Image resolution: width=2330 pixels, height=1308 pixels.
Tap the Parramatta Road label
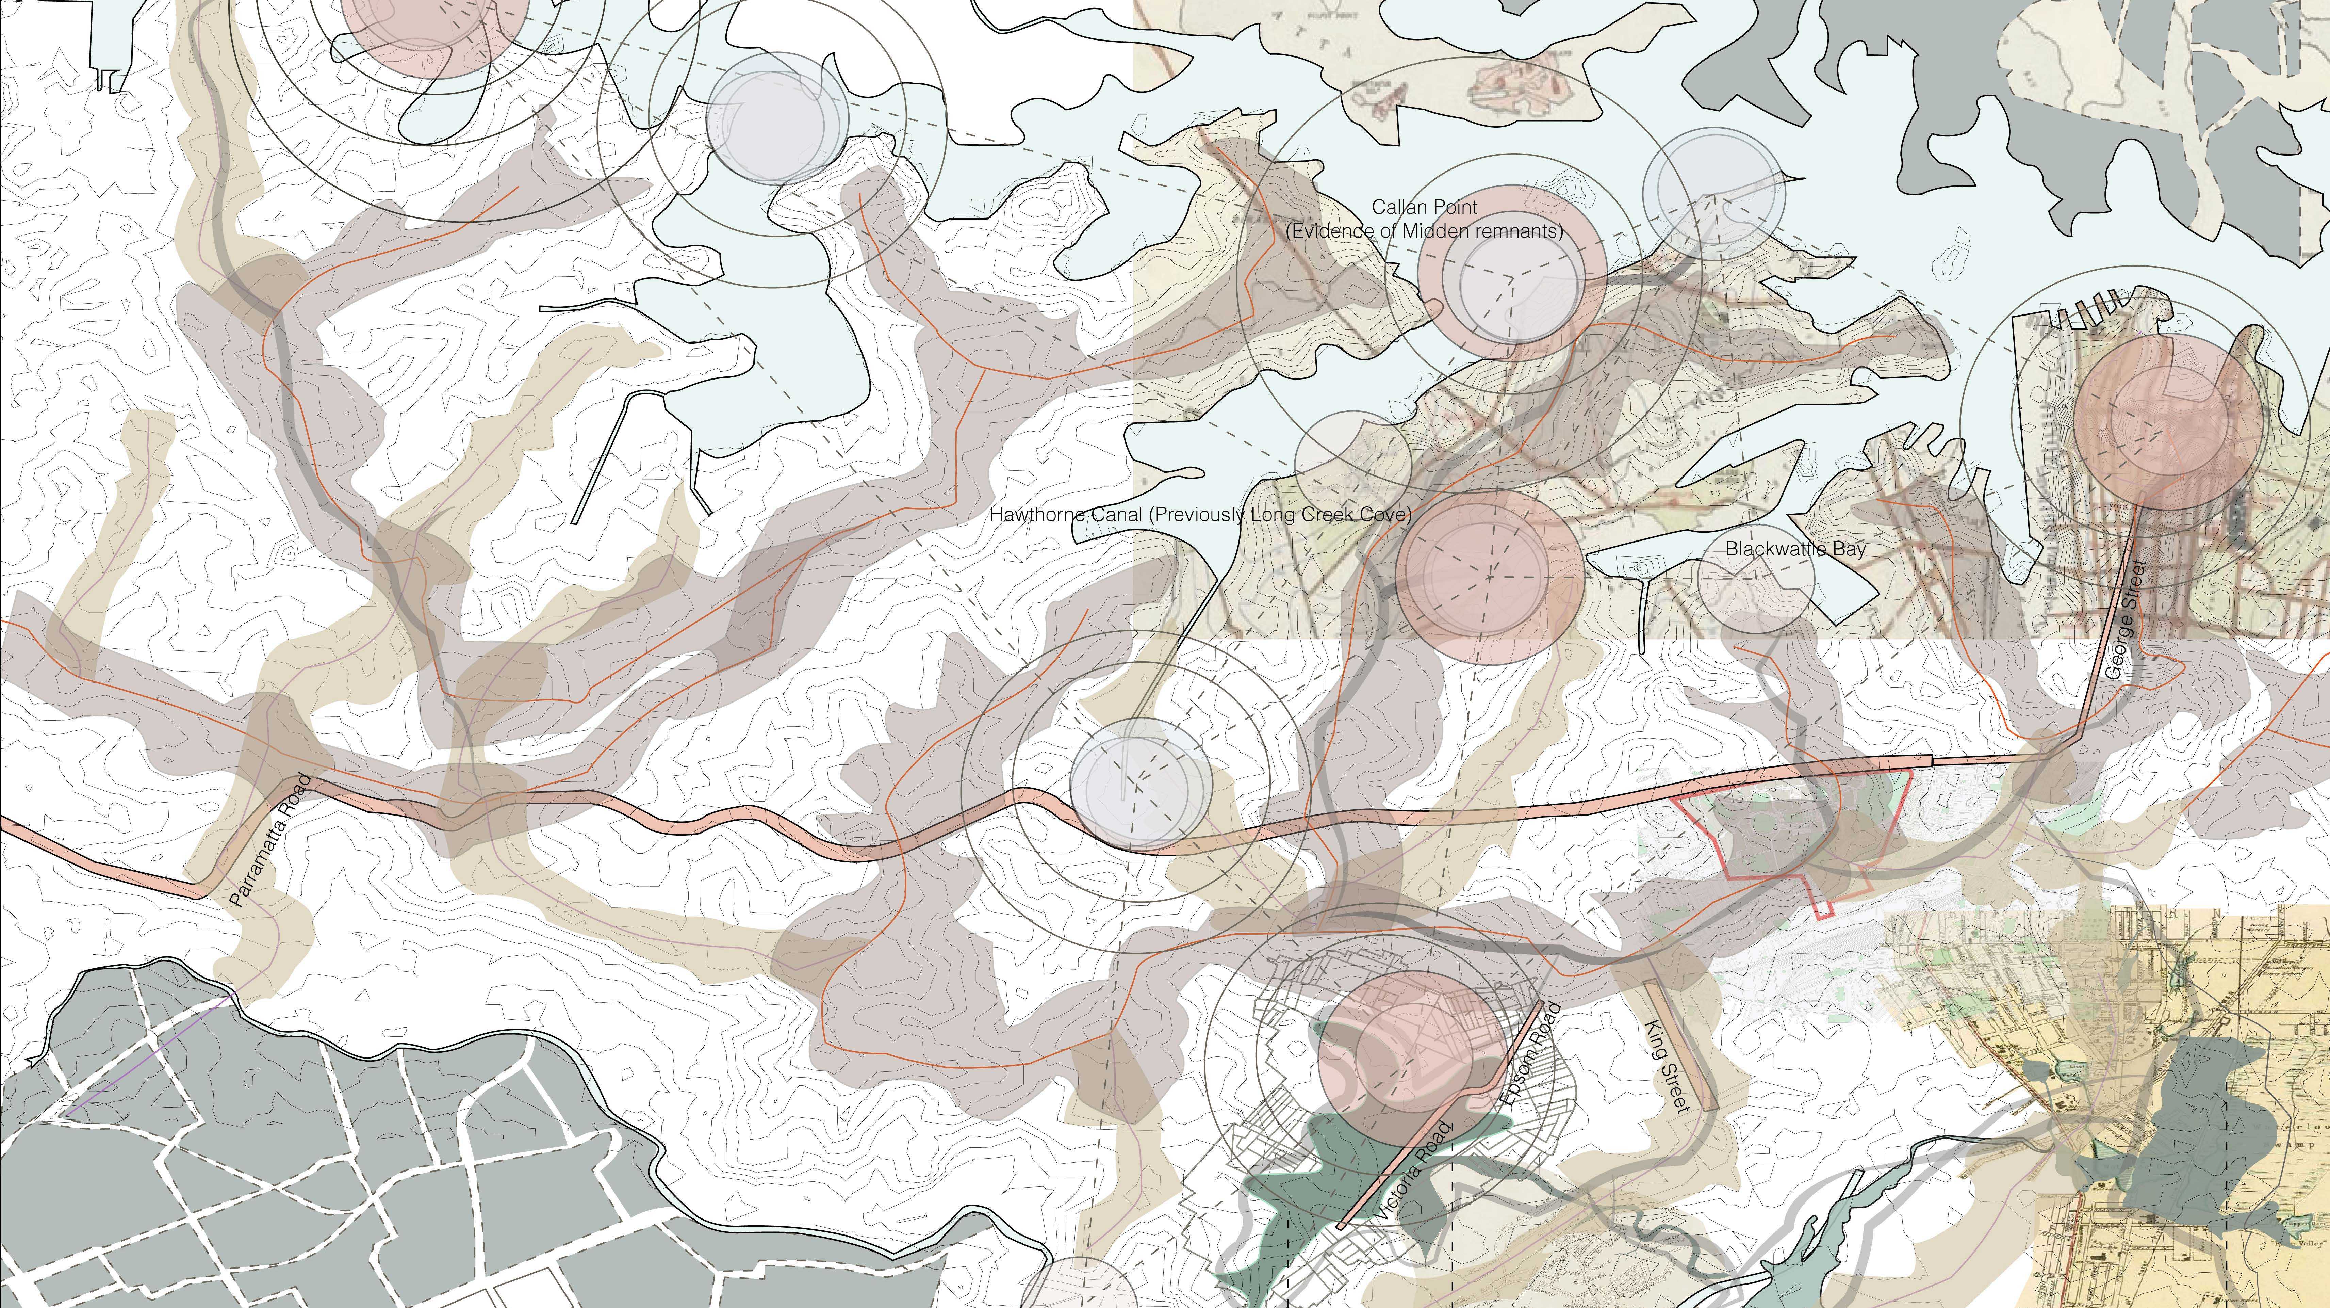coord(269,841)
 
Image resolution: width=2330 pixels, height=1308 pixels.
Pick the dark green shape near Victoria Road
coord(1339,1167)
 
